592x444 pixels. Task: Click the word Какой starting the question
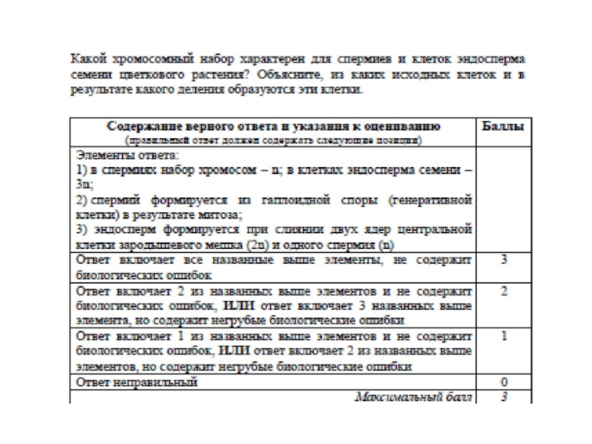point(87,58)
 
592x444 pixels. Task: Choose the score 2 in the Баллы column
point(503,292)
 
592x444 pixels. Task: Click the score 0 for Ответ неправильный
point(503,383)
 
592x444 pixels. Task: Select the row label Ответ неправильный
point(138,383)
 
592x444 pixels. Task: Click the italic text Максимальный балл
point(414,397)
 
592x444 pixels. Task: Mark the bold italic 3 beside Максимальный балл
point(503,397)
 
